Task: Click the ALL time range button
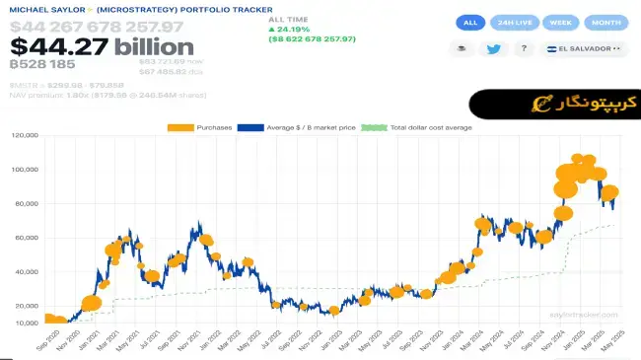[x=469, y=22]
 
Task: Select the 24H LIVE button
[x=513, y=22]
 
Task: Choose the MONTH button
[x=605, y=22]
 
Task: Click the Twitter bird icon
[x=493, y=48]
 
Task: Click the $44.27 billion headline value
[x=102, y=46]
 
